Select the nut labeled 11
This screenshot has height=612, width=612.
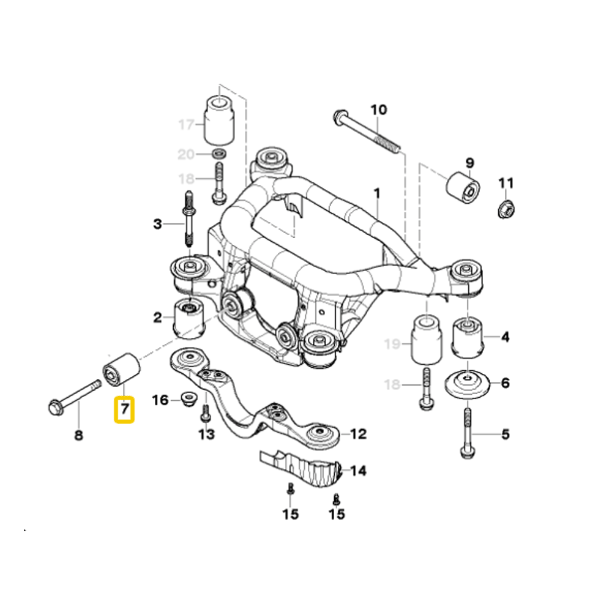(x=506, y=208)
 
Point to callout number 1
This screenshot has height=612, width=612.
(x=377, y=194)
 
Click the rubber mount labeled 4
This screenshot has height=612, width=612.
(x=468, y=337)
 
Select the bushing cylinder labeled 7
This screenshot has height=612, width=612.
(x=121, y=368)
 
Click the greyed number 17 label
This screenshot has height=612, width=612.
(x=185, y=125)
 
